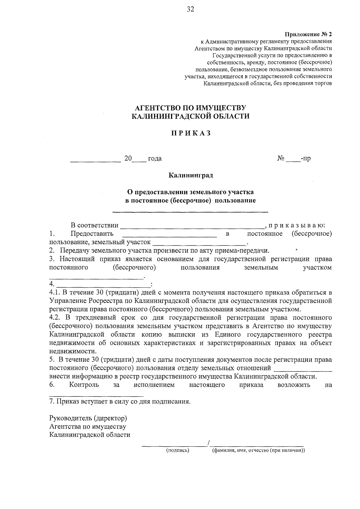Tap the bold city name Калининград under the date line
[190, 175]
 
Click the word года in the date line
[155, 158]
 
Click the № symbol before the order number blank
[281, 158]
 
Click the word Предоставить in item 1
[92, 233]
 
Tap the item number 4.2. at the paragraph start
[55, 317]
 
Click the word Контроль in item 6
[84, 385]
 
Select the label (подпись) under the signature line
[178, 450]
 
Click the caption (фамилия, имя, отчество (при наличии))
[258, 450]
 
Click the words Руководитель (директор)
[88, 418]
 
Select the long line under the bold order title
[190, 212]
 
